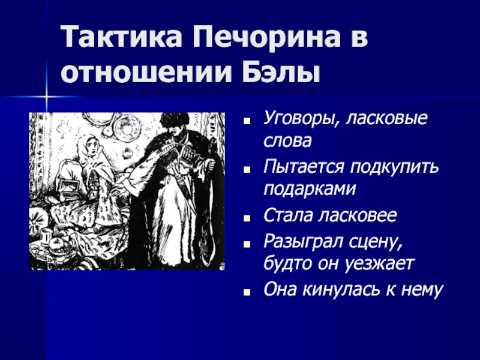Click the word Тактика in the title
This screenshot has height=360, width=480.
[x=122, y=37]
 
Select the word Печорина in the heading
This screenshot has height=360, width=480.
[x=266, y=37]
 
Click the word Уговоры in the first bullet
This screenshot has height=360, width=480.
[x=301, y=118]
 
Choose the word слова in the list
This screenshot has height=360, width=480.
[x=287, y=141]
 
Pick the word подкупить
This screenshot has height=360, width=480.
[x=395, y=167]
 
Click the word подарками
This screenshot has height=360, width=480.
[x=310, y=189]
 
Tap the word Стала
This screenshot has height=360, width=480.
[x=287, y=215]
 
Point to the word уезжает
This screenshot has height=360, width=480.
[x=379, y=263]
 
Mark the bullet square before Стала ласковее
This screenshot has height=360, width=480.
[x=247, y=218]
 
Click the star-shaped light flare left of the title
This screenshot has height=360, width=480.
[x=47, y=97]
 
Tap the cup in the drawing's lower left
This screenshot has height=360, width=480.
[x=46, y=236]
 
